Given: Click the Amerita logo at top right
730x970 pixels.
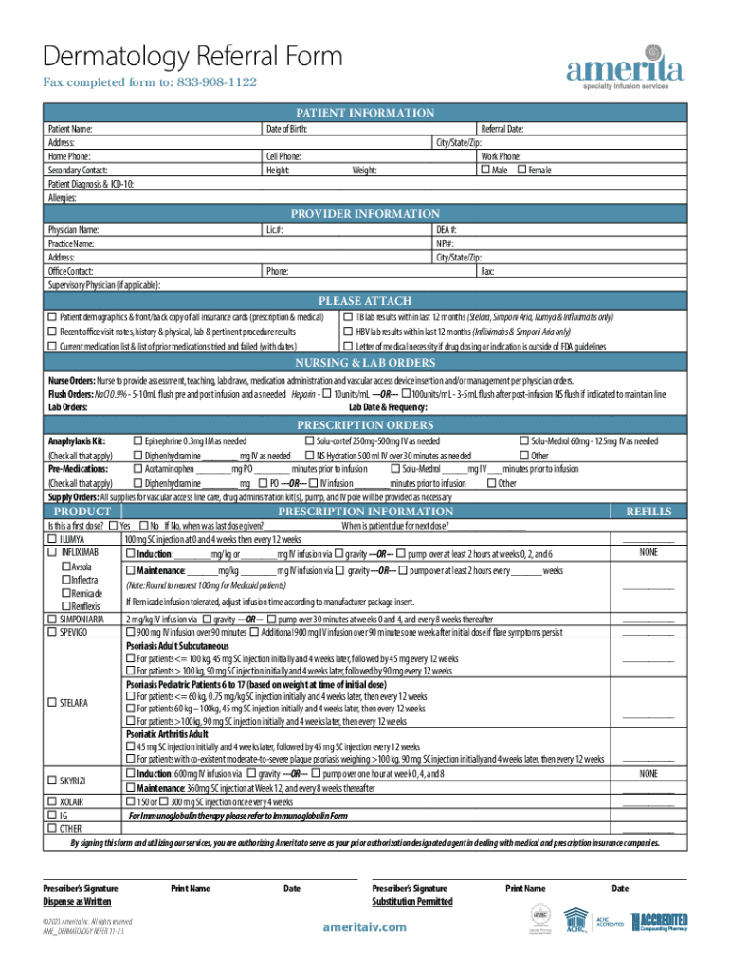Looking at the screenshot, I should pos(624,67).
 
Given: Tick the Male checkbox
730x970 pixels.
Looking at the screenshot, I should pos(486,171).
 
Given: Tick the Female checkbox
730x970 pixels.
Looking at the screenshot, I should pos(521,171).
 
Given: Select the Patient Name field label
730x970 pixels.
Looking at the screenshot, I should pos(71,128).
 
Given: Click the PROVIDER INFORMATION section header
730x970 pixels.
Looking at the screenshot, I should pos(364,214).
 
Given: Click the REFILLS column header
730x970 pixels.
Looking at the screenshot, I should pos(648,512).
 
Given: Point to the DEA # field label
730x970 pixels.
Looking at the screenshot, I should pos(446,230).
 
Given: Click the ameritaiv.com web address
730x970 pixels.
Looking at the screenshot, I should pos(364,926).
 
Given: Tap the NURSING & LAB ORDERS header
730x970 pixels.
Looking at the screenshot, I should pos(364,363).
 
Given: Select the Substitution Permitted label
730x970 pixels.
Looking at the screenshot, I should pos(411,902).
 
